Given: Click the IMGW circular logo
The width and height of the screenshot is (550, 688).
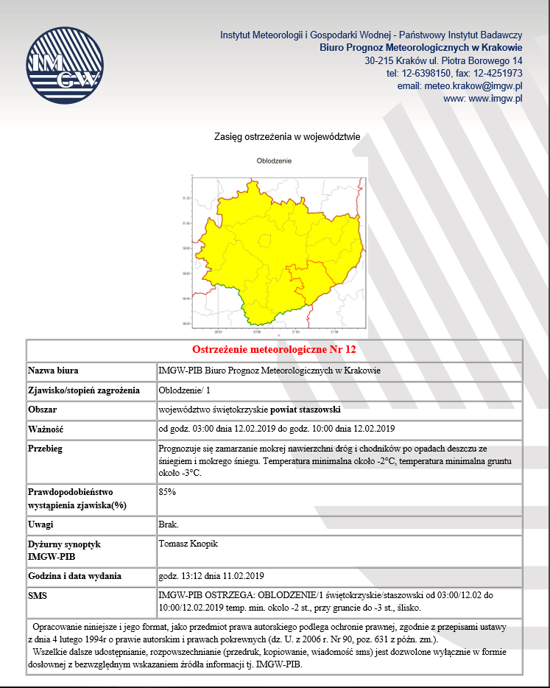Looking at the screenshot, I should (x=62, y=66).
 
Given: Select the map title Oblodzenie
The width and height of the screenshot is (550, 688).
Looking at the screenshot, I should (x=275, y=161).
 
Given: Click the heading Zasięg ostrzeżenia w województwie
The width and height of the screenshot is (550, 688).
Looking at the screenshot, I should (x=286, y=136).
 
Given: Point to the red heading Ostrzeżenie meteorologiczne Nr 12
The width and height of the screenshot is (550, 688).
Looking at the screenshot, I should (x=274, y=349).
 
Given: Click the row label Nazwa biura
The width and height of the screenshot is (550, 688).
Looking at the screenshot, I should (x=53, y=371).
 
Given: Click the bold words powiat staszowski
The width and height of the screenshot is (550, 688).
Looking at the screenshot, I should (x=306, y=409).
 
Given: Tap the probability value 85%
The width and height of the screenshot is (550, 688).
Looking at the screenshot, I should (x=167, y=491).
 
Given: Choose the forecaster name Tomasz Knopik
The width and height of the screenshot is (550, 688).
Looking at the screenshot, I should (x=188, y=544).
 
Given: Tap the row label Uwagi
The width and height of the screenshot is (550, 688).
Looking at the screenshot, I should (x=41, y=524).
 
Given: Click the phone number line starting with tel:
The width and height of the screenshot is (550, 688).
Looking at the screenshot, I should (x=454, y=73).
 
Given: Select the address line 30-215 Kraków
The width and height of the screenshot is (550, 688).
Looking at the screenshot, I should (x=443, y=60).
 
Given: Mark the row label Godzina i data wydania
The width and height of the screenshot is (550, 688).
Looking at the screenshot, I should (x=74, y=576).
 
